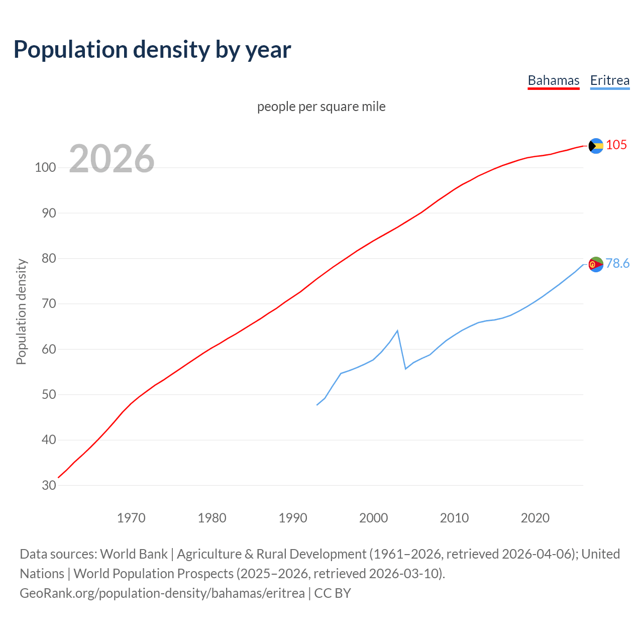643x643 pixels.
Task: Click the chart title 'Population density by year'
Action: (x=152, y=49)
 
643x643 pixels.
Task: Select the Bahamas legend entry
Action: (x=553, y=80)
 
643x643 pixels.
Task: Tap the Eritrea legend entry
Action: (x=609, y=80)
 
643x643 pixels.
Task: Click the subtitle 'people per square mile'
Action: (x=321, y=106)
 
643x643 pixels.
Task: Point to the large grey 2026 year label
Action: (x=112, y=159)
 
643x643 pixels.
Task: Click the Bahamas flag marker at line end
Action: (x=596, y=146)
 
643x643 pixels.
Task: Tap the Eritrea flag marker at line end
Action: (x=596, y=264)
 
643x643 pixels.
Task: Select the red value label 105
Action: (x=616, y=145)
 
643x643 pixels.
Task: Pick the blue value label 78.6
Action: (x=617, y=263)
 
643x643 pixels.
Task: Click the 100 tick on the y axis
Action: (x=45, y=168)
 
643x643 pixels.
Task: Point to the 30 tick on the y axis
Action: (x=49, y=485)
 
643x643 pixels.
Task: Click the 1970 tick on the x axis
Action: (x=131, y=517)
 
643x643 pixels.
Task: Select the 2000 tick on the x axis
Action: (x=373, y=517)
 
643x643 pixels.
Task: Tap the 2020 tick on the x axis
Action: (x=535, y=517)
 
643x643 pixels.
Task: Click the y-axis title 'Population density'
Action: (x=21, y=311)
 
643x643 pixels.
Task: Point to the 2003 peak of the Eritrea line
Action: (x=397, y=331)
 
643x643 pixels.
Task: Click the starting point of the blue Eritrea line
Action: (x=317, y=405)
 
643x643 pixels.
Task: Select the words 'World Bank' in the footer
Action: (x=134, y=554)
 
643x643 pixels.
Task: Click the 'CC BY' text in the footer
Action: (x=333, y=593)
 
